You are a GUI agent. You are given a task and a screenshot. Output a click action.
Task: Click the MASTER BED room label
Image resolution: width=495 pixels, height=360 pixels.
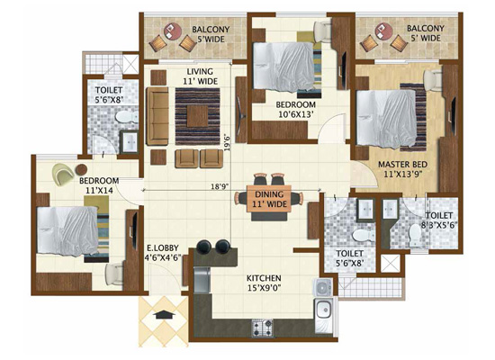403,169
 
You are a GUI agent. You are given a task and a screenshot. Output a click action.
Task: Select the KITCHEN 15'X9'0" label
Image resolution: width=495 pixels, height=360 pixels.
264,283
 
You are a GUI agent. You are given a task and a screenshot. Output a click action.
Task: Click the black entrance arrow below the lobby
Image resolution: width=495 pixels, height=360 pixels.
164,314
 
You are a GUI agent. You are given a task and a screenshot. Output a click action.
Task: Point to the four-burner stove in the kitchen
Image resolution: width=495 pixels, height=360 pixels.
262,328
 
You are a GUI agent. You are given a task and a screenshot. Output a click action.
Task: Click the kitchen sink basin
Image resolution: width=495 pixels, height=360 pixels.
323,310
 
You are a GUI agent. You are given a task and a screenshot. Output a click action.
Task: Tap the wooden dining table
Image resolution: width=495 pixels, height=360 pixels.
269,200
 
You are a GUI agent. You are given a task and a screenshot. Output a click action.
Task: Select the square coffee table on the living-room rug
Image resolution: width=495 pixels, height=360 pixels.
197,116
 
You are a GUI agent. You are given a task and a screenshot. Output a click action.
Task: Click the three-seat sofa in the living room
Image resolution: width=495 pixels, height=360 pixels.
157,116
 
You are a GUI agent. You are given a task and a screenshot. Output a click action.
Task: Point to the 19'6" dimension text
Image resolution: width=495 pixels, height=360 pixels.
227,143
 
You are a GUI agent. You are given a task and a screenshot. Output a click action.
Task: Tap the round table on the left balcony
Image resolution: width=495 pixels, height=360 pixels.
173,31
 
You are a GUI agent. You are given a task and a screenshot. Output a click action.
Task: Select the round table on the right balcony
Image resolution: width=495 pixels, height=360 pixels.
384,31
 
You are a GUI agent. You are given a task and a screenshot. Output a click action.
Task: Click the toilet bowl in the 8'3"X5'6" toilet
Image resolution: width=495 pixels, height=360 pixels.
415,236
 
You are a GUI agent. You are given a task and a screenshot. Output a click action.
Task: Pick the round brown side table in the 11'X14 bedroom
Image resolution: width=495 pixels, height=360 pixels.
81,169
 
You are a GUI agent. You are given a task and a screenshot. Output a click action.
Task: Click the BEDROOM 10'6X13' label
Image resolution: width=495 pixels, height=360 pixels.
295,109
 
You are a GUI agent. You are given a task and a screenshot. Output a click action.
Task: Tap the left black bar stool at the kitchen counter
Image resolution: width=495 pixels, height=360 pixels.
204,246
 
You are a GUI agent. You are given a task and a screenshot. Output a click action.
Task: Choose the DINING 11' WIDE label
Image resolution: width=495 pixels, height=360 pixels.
269,199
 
